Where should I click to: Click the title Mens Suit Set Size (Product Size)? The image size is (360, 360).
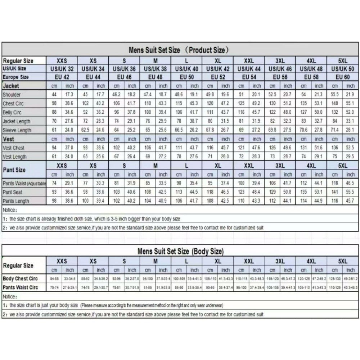(x=179, y=50)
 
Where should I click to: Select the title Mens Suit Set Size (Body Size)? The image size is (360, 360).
(x=180, y=251)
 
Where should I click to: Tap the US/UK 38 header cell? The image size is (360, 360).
(x=155, y=68)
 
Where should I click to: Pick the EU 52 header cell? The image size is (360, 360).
(x=217, y=77)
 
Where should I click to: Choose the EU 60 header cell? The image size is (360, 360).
(x=342, y=77)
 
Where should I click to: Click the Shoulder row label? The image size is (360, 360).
(x=12, y=95)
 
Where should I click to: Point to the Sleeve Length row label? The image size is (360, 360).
(x=17, y=130)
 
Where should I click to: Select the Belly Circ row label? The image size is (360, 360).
(x=12, y=112)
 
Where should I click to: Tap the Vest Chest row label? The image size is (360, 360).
(x=14, y=148)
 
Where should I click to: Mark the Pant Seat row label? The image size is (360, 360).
(x=13, y=192)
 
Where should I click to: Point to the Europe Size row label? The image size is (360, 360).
(x=15, y=77)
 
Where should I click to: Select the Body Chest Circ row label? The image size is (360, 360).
(x=20, y=279)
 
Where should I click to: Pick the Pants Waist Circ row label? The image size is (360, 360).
(x=20, y=287)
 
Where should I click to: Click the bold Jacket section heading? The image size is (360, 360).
(x=11, y=86)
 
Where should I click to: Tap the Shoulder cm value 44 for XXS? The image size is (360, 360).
(x=54, y=95)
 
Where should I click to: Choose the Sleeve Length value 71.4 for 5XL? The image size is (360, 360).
(x=335, y=130)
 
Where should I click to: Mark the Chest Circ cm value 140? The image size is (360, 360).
(x=335, y=104)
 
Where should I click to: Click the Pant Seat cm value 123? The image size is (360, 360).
(x=241, y=192)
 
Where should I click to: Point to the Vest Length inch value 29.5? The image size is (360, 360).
(x=350, y=157)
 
